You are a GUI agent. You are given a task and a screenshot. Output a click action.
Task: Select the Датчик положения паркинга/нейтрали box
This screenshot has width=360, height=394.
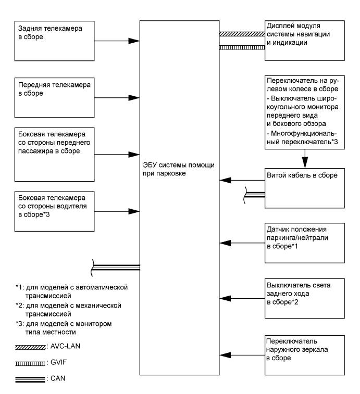pos(304,242)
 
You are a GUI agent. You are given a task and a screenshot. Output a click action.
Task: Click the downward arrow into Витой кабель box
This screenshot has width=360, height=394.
pos(305,159)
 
